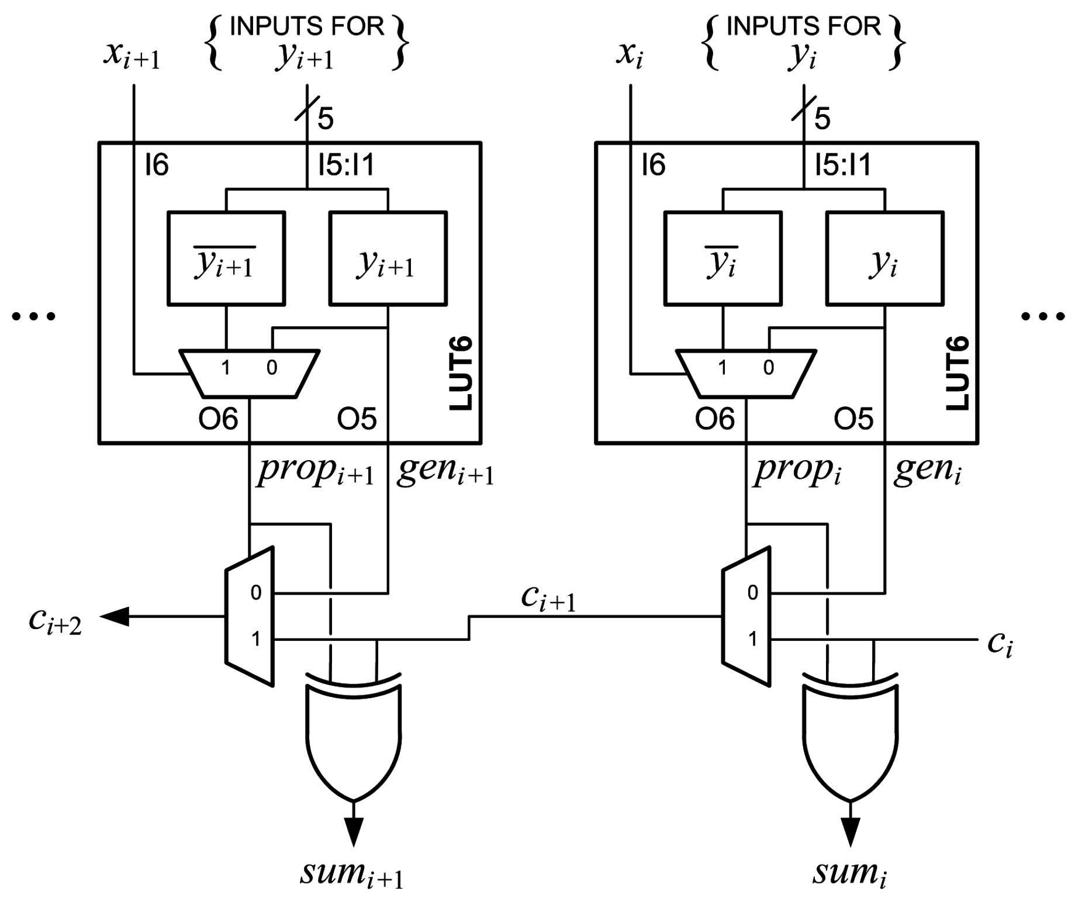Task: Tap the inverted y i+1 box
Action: click(226, 258)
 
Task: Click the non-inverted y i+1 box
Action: click(388, 258)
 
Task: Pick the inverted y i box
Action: click(723, 258)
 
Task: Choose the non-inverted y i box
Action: click(885, 258)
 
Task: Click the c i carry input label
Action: click(1000, 644)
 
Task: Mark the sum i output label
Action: click(849, 873)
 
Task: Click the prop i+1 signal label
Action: click(316, 471)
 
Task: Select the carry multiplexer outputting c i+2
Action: click(250, 616)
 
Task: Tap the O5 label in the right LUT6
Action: click(853, 419)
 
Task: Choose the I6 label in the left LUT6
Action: click(157, 165)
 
